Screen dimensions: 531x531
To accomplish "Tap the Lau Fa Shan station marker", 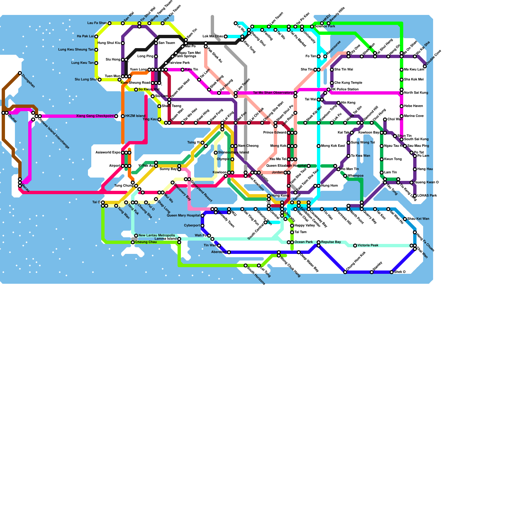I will (x=110, y=23).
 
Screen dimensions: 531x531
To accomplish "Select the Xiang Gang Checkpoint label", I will (x=95, y=116).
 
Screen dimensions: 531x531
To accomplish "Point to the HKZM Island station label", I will (x=135, y=116).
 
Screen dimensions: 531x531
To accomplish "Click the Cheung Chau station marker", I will (x=133, y=242).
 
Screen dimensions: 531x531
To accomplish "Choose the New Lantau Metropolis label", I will (x=157, y=236).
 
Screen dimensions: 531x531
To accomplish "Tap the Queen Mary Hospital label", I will (x=183, y=216).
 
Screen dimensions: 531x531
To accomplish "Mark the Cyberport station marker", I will (x=202, y=226).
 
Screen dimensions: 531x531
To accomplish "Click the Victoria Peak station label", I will (x=368, y=246).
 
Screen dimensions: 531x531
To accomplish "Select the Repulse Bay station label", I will (x=331, y=242).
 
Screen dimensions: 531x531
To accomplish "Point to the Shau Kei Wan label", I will (x=418, y=219).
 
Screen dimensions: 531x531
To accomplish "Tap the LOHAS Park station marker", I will (x=415, y=196).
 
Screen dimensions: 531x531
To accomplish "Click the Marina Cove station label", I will (x=414, y=116).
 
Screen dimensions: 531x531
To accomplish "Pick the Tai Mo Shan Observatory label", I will (x=273, y=93).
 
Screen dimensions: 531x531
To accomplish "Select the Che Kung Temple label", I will (x=348, y=83).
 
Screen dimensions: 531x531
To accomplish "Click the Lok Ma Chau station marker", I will (x=226, y=37).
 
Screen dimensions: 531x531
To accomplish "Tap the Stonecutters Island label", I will (x=233, y=153).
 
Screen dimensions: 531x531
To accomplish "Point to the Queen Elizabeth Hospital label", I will (x=286, y=166).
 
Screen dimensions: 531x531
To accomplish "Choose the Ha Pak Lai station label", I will (x=85, y=37).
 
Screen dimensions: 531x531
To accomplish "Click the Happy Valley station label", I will (x=305, y=226).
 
